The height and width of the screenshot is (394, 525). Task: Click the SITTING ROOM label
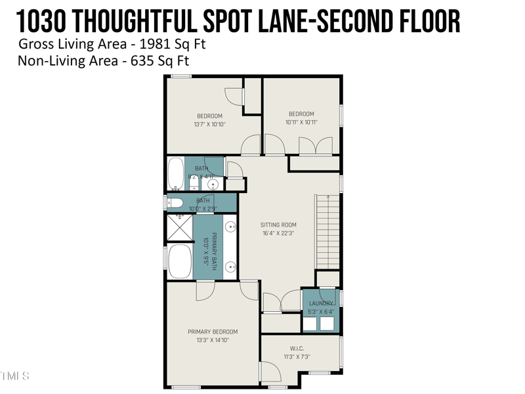point(278,225)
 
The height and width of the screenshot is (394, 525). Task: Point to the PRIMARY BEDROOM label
point(213,332)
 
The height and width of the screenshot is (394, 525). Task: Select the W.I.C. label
point(296,348)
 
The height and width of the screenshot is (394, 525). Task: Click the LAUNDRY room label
point(321,303)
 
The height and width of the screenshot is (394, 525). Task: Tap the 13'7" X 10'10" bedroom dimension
point(209,124)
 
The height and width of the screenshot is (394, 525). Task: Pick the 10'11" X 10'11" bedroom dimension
point(301,122)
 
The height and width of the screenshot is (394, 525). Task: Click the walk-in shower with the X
point(179,228)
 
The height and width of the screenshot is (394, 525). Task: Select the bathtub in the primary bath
point(180,261)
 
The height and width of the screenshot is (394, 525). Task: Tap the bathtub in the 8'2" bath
point(175,174)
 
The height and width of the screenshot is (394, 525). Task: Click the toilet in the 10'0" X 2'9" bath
point(174,202)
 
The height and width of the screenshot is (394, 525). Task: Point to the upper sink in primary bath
point(231,227)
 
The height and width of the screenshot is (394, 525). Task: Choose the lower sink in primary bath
point(231,267)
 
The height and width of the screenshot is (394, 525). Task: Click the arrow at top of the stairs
point(327,196)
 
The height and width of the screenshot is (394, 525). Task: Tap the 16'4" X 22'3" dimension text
point(278,233)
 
